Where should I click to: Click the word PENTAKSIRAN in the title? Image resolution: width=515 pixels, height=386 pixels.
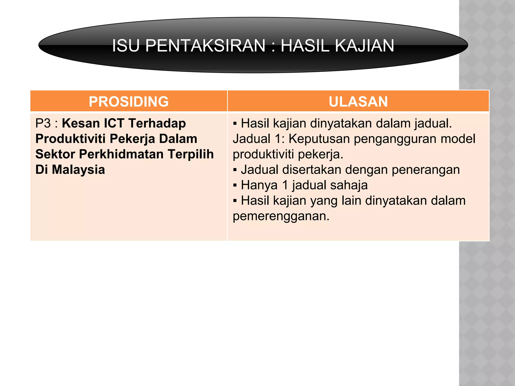205,46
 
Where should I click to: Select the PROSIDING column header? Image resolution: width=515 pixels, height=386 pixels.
128,102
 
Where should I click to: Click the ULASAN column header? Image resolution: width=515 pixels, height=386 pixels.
358,102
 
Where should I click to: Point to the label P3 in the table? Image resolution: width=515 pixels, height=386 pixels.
43,123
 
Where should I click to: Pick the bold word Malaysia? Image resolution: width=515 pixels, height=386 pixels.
78,170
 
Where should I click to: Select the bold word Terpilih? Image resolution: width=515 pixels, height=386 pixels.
191,154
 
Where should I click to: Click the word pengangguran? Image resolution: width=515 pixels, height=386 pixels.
394,139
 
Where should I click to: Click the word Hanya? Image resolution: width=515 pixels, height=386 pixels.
259,185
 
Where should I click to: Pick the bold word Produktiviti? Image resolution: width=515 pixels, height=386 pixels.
70,139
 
